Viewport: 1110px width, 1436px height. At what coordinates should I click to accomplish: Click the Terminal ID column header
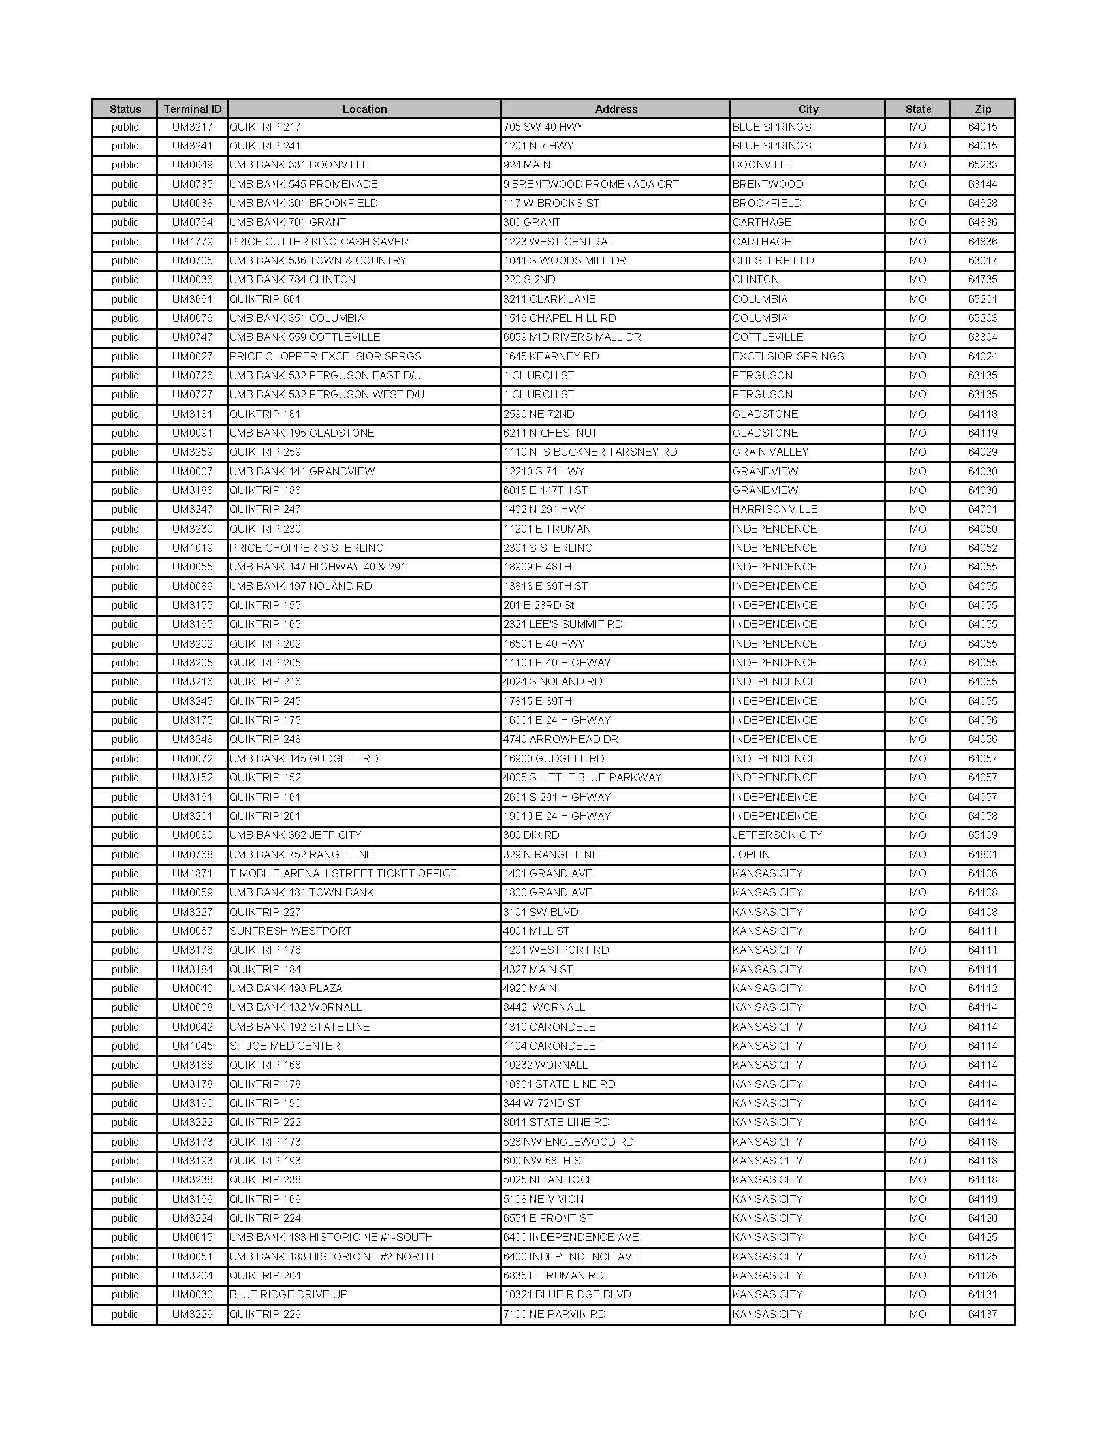192,109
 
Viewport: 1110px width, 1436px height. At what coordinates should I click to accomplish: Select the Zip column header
983,109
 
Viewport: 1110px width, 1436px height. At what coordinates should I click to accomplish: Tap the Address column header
616,109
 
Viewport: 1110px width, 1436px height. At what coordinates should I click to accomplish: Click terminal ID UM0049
192,165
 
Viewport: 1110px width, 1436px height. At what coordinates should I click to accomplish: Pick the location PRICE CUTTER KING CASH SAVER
319,242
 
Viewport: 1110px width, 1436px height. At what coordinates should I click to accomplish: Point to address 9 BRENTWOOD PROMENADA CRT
590,184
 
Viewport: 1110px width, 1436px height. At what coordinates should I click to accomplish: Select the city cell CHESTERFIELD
772,261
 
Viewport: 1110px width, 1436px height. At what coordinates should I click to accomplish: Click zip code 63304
983,337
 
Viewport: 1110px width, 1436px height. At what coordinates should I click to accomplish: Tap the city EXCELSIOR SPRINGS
788,356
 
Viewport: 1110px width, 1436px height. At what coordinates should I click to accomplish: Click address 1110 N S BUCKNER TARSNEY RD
590,452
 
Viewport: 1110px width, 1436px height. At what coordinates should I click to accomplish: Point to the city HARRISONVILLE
774,510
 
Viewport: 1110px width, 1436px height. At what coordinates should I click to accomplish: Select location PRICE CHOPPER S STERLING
306,548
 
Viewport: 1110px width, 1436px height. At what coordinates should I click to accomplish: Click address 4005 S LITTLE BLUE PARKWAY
582,778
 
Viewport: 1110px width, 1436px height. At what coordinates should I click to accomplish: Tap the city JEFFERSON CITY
776,835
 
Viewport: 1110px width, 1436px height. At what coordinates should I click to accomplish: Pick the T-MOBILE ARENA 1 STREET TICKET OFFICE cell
343,874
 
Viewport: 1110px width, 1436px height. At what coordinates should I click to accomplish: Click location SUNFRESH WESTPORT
290,931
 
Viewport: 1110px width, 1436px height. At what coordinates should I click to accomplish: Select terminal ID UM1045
192,1046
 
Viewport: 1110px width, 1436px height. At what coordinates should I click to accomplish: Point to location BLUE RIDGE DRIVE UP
289,1294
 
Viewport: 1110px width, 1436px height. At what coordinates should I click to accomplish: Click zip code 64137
983,1315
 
